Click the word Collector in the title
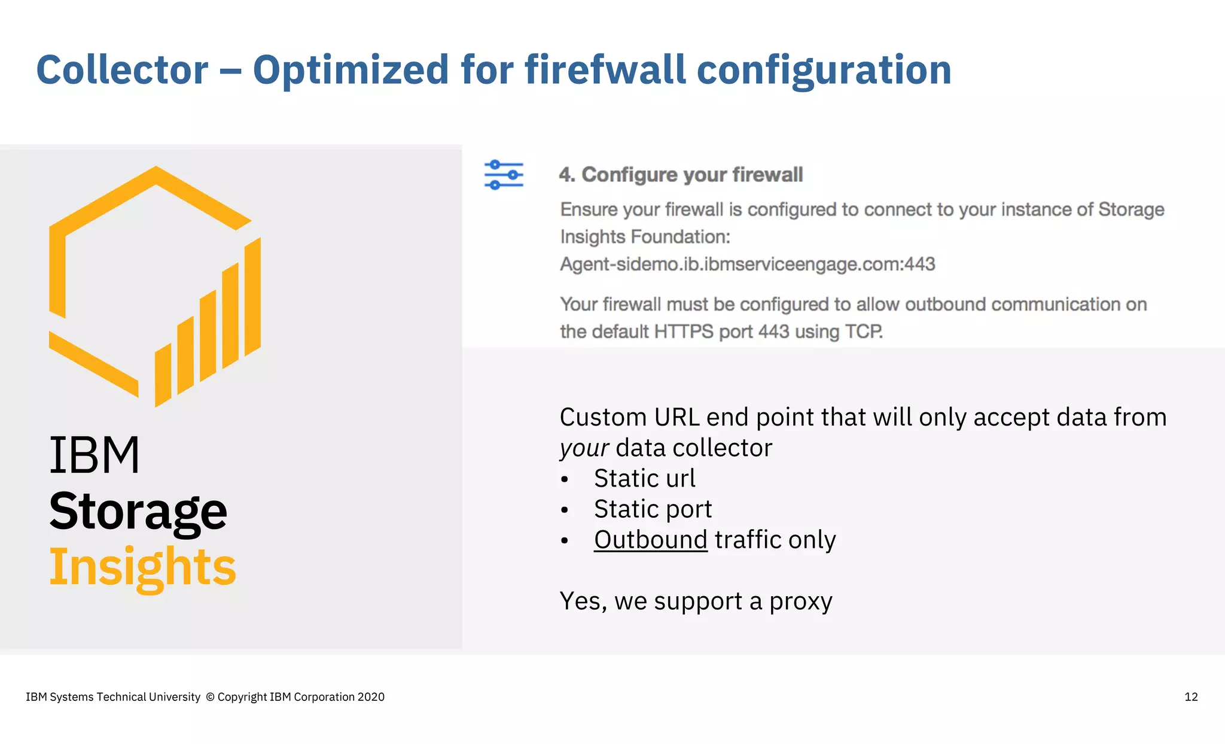click(x=123, y=70)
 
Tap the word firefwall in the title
click(x=605, y=70)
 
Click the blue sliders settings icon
click(x=504, y=175)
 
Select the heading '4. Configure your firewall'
click(x=681, y=175)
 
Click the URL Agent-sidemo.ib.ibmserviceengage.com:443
click(x=747, y=264)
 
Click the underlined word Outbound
click(x=650, y=540)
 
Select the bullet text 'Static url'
click(x=644, y=478)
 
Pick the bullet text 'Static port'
click(x=653, y=509)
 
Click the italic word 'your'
click(x=584, y=448)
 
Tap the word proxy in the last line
click(x=800, y=602)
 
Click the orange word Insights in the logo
click(x=142, y=567)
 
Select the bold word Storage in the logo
click(x=138, y=512)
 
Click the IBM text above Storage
click(x=95, y=455)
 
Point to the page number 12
click(x=1191, y=697)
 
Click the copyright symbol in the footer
click(x=210, y=697)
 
